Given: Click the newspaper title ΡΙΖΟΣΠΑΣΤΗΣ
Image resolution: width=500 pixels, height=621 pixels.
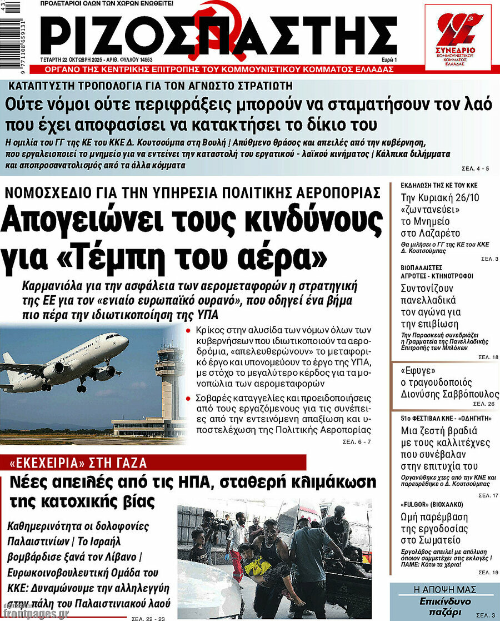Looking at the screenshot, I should click(219, 34).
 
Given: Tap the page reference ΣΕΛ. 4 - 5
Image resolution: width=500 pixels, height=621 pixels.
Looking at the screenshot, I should click(476, 167).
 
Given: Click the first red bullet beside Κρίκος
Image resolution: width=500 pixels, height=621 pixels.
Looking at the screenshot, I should click(189, 330).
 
